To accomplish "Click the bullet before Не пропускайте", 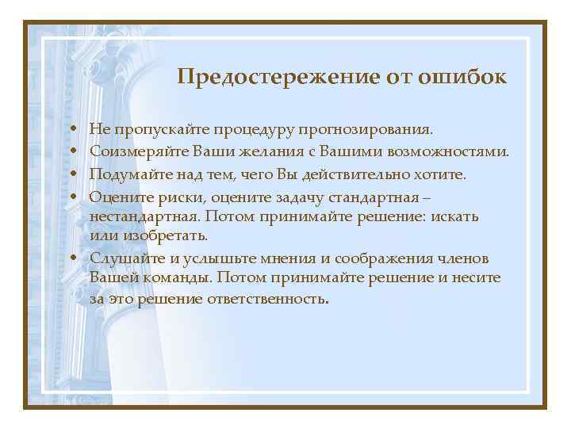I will coord(72,128).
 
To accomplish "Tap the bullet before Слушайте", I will coord(72,258).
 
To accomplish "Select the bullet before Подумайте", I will coord(72,173).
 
